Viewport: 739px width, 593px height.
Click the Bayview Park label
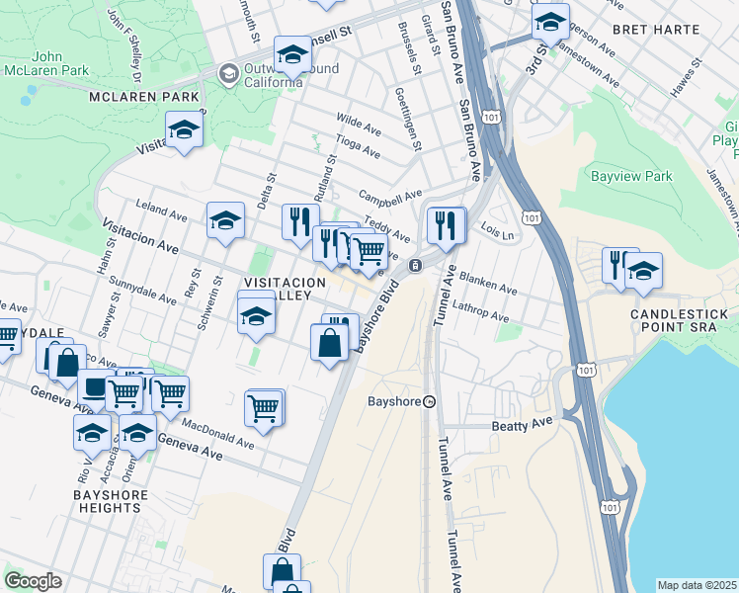point(630,177)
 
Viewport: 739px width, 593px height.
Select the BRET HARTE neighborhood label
point(650,30)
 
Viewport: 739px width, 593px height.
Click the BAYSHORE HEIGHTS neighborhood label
point(112,501)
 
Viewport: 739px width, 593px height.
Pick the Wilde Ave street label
point(359,124)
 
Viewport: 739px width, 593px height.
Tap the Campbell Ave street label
point(390,195)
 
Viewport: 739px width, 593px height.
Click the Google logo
point(33,581)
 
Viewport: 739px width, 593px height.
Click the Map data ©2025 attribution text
point(697,585)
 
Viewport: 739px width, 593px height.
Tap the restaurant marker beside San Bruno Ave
point(446,225)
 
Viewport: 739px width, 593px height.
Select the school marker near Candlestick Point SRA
point(643,270)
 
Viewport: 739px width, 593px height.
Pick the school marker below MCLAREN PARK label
point(184,130)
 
